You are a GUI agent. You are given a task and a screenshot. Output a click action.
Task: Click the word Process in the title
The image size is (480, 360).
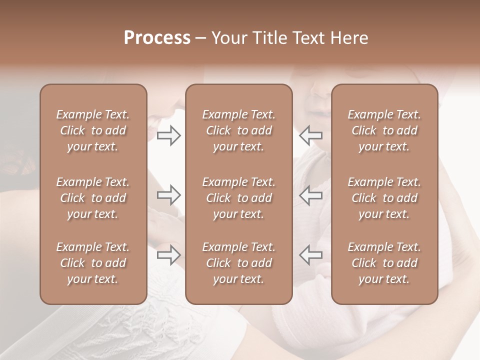pos(157,38)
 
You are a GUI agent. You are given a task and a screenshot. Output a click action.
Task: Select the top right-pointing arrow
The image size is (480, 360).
pos(168,135)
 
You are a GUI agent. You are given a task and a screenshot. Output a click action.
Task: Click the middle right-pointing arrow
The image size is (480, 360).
pos(168,195)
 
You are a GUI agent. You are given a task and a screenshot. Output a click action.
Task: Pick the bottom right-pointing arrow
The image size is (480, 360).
pos(168,255)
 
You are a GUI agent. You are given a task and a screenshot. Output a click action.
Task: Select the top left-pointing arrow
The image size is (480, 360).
pos(311,135)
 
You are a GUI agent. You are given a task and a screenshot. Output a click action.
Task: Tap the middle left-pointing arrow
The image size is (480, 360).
pos(311,195)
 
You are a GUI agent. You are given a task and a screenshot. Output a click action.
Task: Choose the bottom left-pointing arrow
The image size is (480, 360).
pos(311,255)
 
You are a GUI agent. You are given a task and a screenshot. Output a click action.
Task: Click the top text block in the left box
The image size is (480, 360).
pos(93,130)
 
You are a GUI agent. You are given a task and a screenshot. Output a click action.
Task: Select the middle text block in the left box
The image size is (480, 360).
pos(93,198)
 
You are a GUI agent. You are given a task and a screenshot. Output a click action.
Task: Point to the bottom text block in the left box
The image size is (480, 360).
pos(93,263)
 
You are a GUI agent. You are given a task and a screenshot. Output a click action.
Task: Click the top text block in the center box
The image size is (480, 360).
pos(238,130)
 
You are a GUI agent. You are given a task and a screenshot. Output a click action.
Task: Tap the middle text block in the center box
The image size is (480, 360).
pos(238,198)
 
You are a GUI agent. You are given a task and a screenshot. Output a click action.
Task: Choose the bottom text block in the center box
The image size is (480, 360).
pos(238,263)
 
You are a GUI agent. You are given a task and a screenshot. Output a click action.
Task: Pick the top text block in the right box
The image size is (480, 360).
pos(384,130)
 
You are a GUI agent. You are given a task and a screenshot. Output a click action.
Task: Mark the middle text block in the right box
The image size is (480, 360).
pos(384,198)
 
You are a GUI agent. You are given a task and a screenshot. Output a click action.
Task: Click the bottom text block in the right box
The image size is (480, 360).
pos(384,263)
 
